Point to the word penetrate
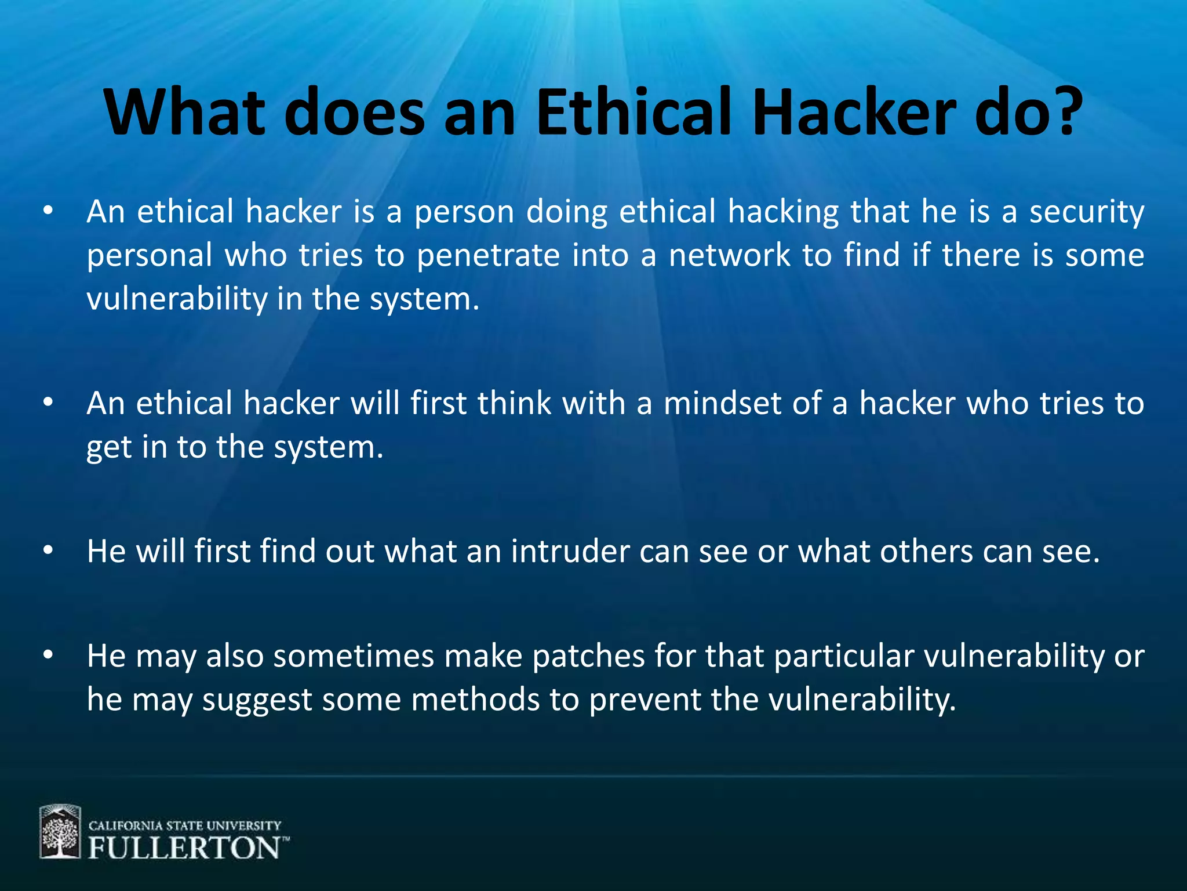(x=488, y=256)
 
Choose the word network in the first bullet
(x=730, y=256)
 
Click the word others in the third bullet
(x=926, y=552)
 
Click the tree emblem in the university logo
(x=60, y=832)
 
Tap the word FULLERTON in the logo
(x=184, y=849)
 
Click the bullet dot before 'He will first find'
(x=48, y=550)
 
